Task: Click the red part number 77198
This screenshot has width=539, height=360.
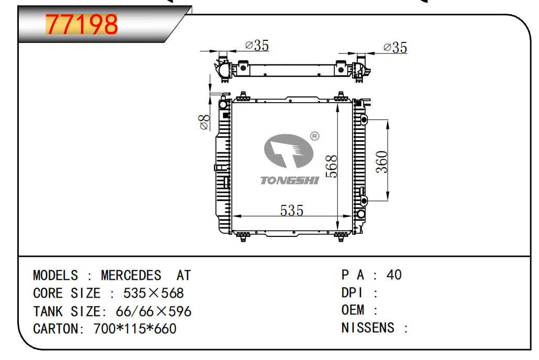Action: pos(82,25)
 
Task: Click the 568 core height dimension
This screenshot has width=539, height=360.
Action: pos(332,167)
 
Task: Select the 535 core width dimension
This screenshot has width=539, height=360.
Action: pos(292,211)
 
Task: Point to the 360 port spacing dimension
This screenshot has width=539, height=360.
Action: pos(382,161)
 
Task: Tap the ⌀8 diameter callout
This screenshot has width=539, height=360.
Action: pos(204,123)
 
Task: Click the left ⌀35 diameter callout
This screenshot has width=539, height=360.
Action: pos(257,46)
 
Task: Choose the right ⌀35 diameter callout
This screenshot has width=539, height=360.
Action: pos(395,48)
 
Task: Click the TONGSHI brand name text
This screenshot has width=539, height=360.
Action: pos(290,180)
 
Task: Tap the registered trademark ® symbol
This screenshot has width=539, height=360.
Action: pos(314,136)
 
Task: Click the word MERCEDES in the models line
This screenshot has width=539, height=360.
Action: pos(131,276)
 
